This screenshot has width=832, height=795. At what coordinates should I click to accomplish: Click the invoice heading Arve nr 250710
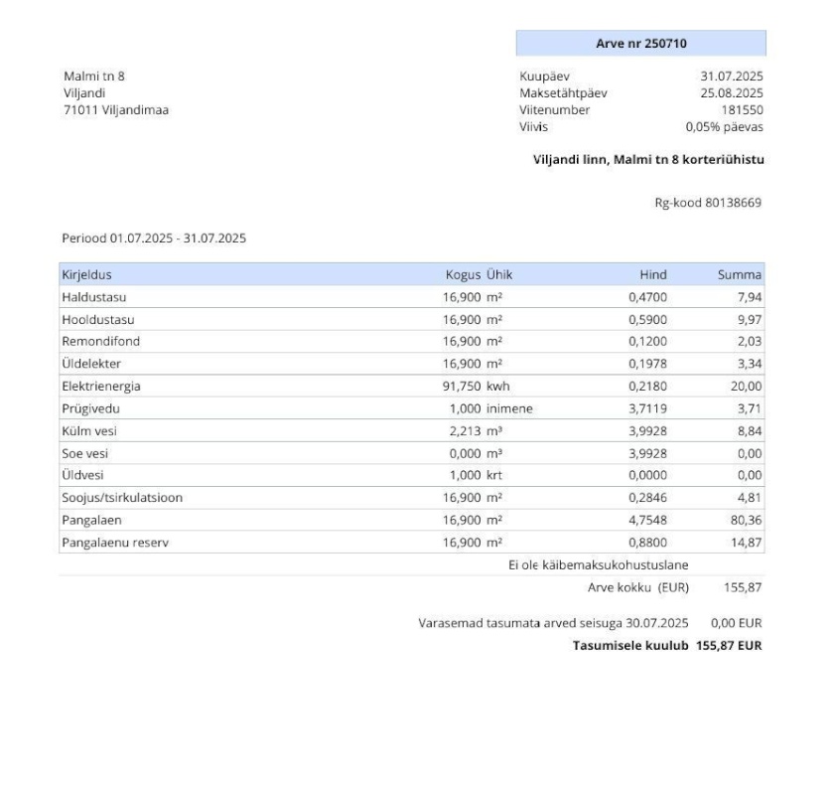click(640, 43)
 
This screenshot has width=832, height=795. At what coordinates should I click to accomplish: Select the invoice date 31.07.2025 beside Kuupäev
click(732, 77)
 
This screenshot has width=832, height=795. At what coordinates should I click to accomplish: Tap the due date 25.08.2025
click(732, 93)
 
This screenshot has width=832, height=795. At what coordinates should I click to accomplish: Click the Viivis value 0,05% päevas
click(725, 127)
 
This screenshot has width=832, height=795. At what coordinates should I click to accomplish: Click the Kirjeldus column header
click(88, 274)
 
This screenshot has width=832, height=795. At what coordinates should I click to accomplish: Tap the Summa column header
click(742, 274)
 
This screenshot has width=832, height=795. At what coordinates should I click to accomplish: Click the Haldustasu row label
click(94, 297)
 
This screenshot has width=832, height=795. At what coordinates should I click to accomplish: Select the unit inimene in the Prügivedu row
click(509, 408)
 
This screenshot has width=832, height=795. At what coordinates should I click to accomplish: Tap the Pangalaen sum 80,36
click(746, 520)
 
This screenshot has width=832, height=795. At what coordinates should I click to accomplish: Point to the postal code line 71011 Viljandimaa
click(115, 110)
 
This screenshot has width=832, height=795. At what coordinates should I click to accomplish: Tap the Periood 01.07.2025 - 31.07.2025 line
click(154, 238)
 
